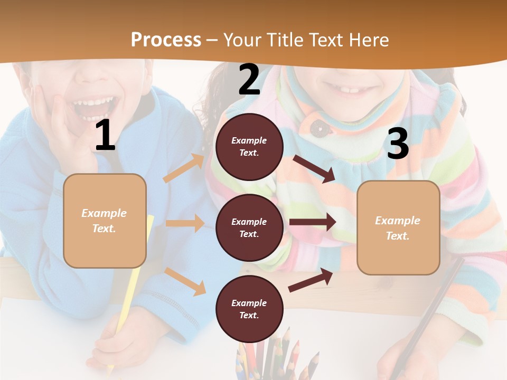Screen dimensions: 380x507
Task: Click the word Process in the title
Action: (166, 40)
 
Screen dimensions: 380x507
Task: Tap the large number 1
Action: (105, 136)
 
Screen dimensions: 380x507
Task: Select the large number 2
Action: (249, 80)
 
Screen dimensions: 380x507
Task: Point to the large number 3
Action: (398, 144)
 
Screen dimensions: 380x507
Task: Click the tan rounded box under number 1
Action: (105, 221)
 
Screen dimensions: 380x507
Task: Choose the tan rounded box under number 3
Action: (398, 228)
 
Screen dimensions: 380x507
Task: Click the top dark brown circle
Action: (249, 147)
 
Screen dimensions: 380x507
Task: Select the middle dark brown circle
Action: (249, 228)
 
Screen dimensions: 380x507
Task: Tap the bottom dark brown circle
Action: (249, 309)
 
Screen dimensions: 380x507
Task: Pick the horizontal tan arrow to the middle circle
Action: (185, 223)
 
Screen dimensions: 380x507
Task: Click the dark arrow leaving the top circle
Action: (314, 168)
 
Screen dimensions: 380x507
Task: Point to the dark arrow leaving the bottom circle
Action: (311, 280)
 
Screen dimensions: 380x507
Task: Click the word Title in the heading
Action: (286, 40)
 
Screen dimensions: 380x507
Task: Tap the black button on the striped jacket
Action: (317, 127)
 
